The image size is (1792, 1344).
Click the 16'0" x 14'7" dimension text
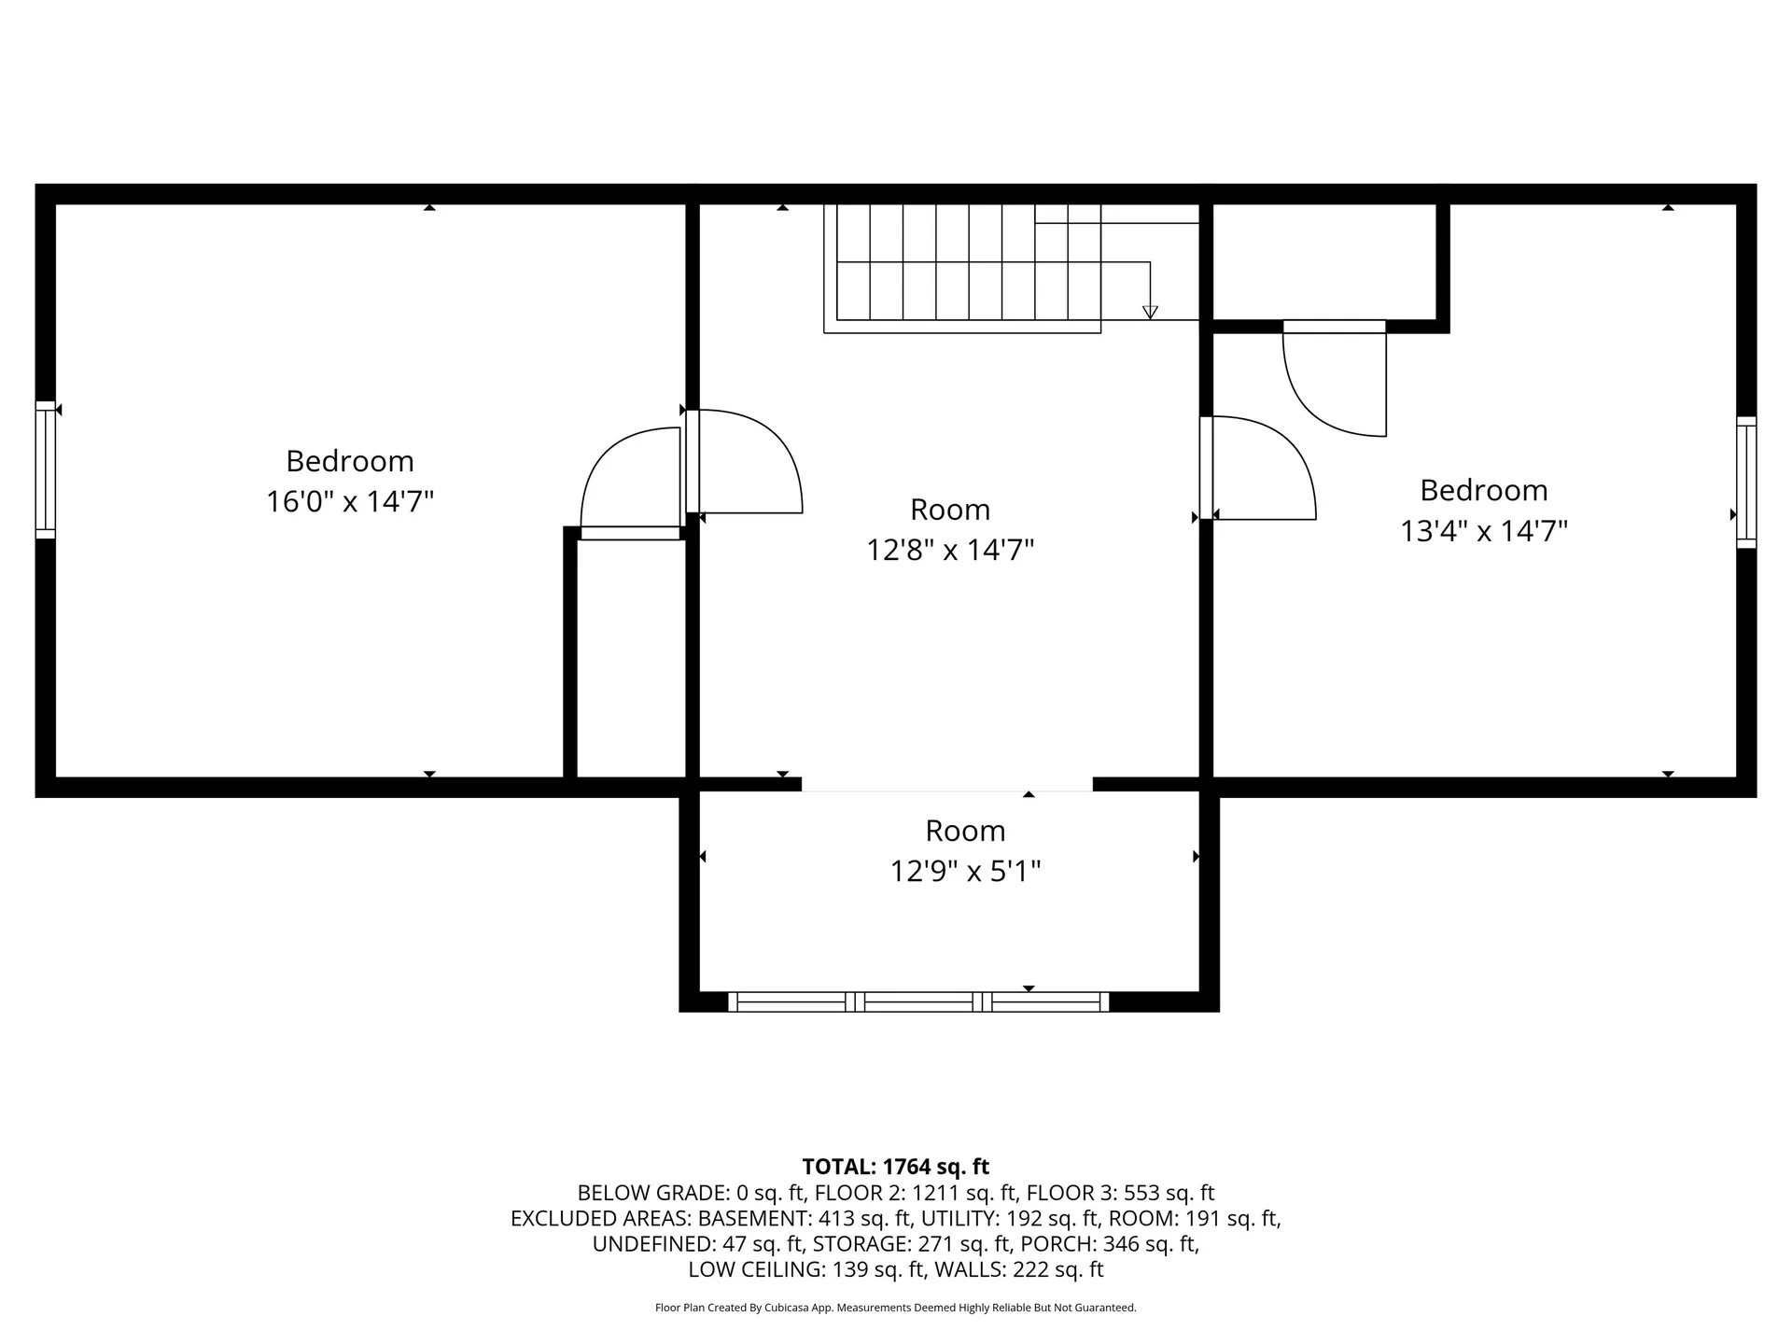[350, 501]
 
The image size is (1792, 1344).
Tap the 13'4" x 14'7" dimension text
[1483, 531]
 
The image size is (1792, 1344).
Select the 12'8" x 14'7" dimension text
[950, 550]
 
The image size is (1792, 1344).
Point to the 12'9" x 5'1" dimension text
[965, 871]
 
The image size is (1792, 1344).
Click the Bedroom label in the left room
[350, 461]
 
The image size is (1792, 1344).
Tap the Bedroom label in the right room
[1483, 490]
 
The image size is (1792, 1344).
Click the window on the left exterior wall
[46, 470]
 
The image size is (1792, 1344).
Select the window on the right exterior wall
[1746, 482]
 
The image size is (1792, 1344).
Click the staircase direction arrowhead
[1150, 313]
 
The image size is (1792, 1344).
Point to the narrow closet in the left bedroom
[631, 658]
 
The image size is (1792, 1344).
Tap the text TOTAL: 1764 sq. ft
[895, 1167]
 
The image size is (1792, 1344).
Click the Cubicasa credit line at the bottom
[895, 1308]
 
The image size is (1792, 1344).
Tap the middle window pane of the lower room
[919, 1002]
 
